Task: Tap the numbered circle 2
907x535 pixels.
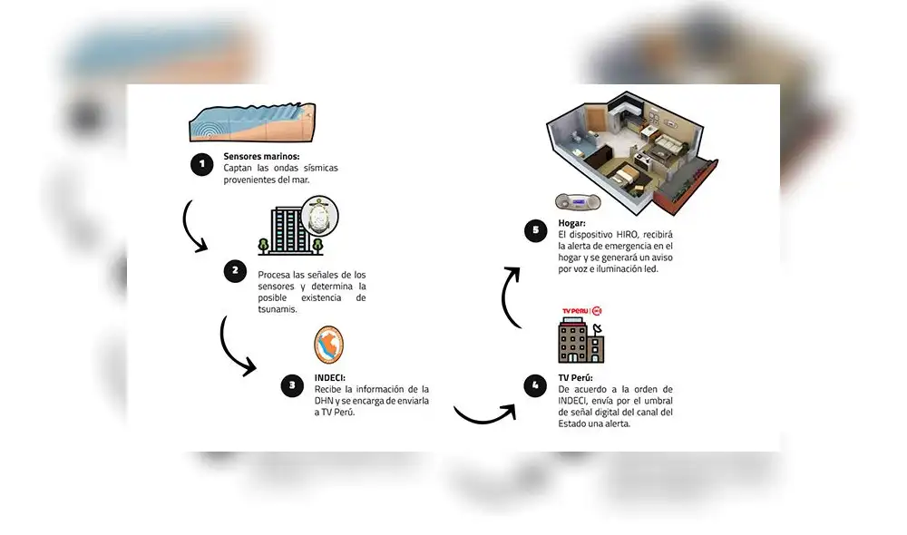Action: point(235,270)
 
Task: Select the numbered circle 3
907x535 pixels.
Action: point(291,384)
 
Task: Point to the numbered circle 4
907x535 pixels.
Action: point(535,384)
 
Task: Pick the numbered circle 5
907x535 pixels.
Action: point(535,229)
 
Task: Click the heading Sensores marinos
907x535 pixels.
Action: point(261,157)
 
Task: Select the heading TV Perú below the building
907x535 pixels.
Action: point(578,377)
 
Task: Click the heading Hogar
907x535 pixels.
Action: point(572,223)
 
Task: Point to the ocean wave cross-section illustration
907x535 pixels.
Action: point(251,123)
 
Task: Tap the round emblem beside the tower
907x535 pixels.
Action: point(321,219)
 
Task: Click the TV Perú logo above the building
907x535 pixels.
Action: point(581,311)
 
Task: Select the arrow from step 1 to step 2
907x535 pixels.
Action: point(194,228)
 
